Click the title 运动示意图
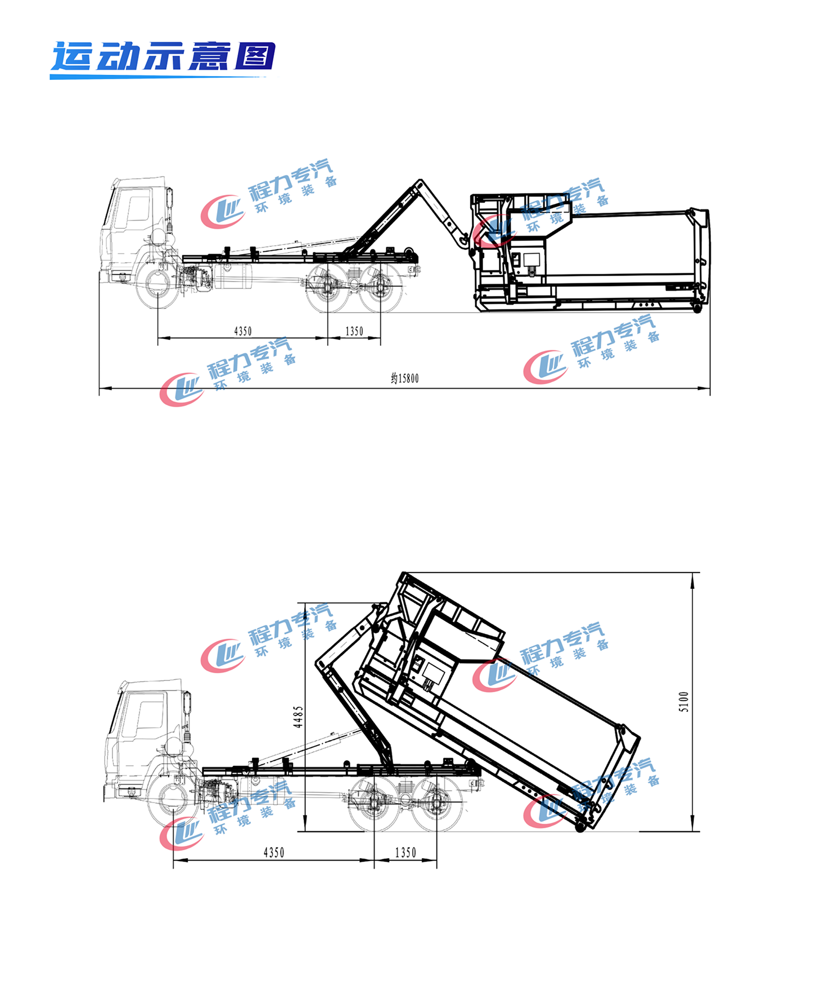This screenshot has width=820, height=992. [163, 57]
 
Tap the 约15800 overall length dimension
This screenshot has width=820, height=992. [405, 378]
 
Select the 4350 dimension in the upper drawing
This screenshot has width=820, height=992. [243, 331]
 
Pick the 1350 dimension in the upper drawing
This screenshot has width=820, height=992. [354, 331]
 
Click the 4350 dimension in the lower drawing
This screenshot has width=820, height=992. [274, 853]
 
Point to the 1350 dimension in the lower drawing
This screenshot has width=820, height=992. [406, 853]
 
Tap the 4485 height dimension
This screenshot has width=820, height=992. [298, 717]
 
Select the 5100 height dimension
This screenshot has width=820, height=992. [684, 702]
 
